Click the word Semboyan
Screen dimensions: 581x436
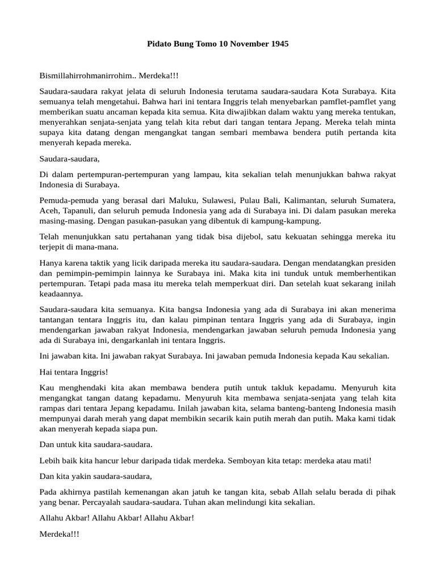point(246,460)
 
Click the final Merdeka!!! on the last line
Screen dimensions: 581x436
point(60,533)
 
